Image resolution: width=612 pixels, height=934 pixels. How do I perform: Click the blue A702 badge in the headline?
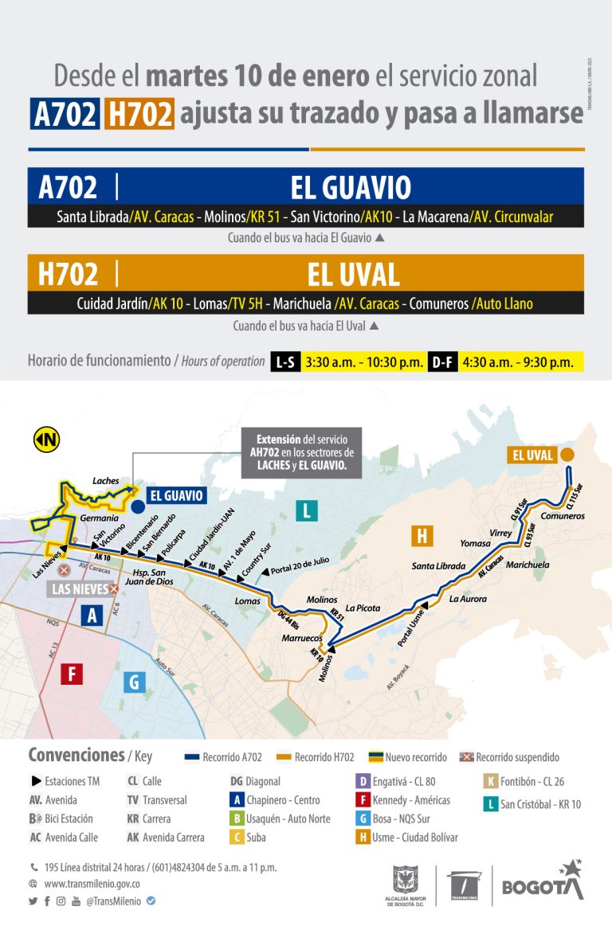click(x=65, y=114)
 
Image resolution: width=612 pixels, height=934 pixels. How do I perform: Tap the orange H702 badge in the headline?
click(x=139, y=114)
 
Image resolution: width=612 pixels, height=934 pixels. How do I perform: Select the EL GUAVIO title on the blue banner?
click(x=351, y=188)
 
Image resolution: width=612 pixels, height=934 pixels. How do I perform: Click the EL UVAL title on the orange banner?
click(x=353, y=275)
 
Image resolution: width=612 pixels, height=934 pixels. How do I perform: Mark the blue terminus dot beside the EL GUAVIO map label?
click(x=137, y=506)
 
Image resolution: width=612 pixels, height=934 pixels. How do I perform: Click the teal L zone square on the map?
click(x=306, y=510)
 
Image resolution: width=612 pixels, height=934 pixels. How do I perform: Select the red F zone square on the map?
click(x=72, y=674)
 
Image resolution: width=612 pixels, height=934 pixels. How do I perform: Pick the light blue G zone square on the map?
click(x=134, y=682)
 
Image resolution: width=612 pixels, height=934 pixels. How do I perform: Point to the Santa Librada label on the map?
click(x=438, y=566)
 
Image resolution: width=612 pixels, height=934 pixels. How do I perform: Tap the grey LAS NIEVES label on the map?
click(x=78, y=589)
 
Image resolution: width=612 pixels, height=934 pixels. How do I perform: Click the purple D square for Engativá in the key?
click(x=362, y=782)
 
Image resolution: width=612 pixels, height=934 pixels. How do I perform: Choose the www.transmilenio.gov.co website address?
click(x=92, y=884)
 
